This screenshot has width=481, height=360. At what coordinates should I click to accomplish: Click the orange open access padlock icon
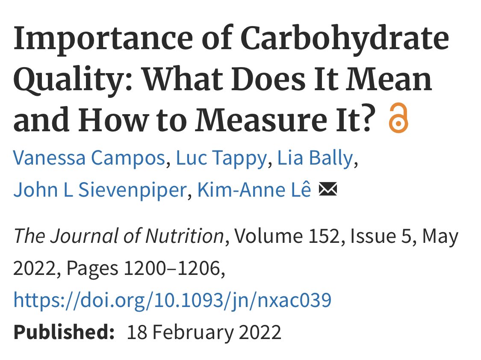[398, 118]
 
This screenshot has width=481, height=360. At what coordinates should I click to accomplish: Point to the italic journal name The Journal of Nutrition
[119, 236]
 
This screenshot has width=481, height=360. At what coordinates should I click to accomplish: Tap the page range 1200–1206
[172, 268]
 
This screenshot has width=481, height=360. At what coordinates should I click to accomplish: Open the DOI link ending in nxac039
[172, 300]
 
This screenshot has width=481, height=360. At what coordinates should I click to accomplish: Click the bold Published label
[64, 332]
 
